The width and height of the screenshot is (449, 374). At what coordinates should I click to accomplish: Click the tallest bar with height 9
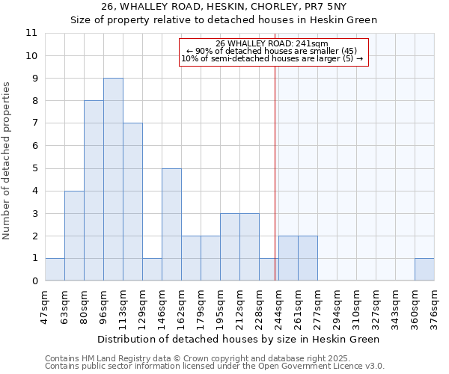[113, 180]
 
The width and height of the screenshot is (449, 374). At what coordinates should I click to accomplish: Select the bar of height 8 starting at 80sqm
[94, 191]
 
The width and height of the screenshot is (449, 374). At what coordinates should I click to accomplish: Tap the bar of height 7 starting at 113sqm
[132, 202]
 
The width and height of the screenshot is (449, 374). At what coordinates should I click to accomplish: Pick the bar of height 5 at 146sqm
[171, 224]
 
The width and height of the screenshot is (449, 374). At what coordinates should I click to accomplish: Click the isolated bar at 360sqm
[424, 269]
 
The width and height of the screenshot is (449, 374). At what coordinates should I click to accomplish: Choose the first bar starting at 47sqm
[55, 269]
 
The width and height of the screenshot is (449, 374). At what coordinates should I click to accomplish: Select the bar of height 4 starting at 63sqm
[74, 236]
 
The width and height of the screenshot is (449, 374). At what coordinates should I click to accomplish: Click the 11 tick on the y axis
[31, 33]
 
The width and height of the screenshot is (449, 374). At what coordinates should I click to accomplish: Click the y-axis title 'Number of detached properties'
[8, 161]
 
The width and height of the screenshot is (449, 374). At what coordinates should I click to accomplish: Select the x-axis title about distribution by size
[239, 339]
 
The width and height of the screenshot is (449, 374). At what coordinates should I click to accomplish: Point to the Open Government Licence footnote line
[215, 367]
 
